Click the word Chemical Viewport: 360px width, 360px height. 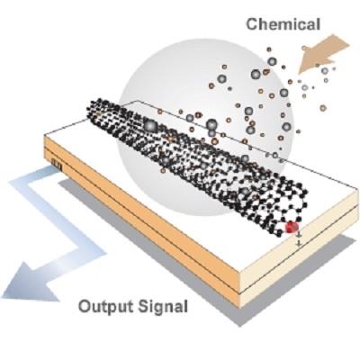(283, 24)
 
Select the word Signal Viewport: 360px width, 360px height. (164, 308)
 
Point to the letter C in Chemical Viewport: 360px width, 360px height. (253, 24)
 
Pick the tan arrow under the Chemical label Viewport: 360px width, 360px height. (322, 54)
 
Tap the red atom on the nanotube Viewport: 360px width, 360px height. (291, 227)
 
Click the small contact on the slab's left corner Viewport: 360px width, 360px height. (57, 165)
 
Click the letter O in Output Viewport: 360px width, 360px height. (85, 306)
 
